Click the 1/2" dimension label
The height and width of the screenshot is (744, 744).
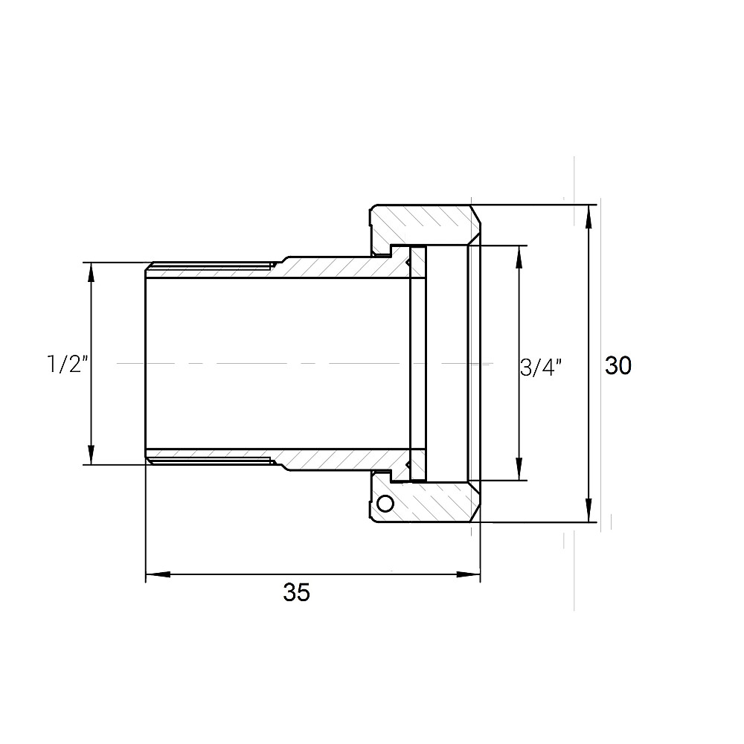click(x=68, y=365)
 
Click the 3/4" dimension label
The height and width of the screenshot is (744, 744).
click(x=540, y=368)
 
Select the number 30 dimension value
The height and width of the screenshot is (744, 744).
click(x=618, y=365)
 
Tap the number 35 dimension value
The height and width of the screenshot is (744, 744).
click(x=296, y=593)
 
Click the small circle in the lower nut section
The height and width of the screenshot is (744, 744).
click(x=385, y=504)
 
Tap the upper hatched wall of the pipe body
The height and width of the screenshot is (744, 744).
click(x=335, y=267)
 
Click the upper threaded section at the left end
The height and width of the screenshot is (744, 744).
click(x=208, y=268)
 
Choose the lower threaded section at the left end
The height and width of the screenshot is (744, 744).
click(x=208, y=458)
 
